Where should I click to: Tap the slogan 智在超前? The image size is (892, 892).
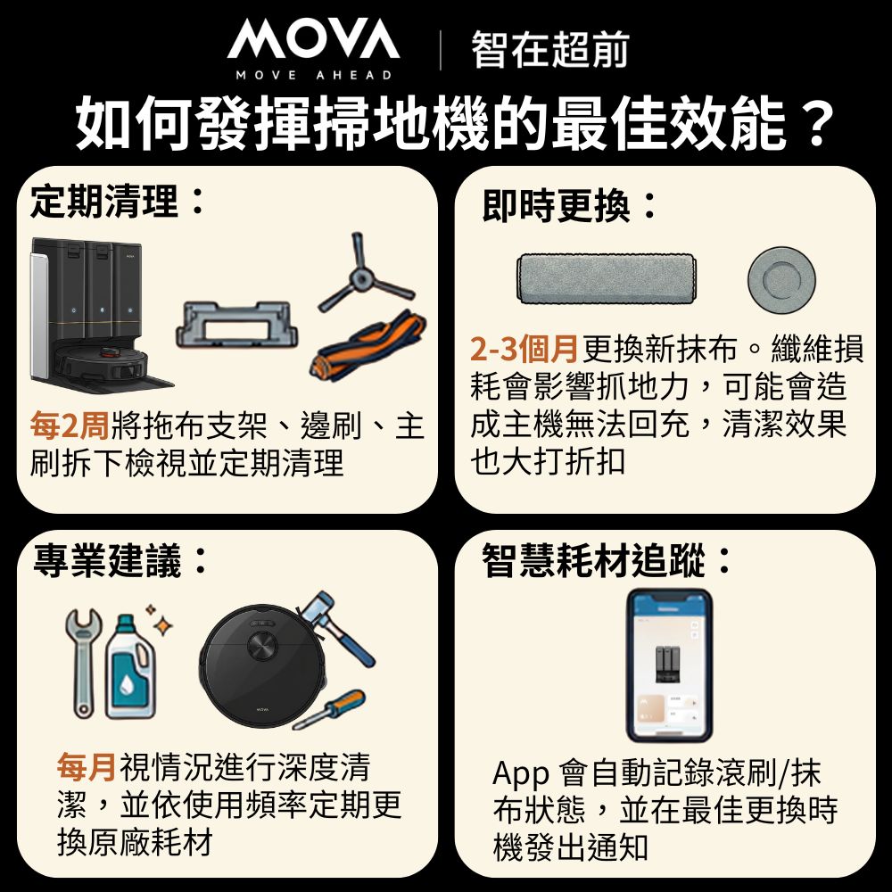click(550, 50)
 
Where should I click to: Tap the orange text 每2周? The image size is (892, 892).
click(70, 426)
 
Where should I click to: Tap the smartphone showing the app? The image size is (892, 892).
click(669, 665)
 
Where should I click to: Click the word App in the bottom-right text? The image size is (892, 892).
click(520, 772)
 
